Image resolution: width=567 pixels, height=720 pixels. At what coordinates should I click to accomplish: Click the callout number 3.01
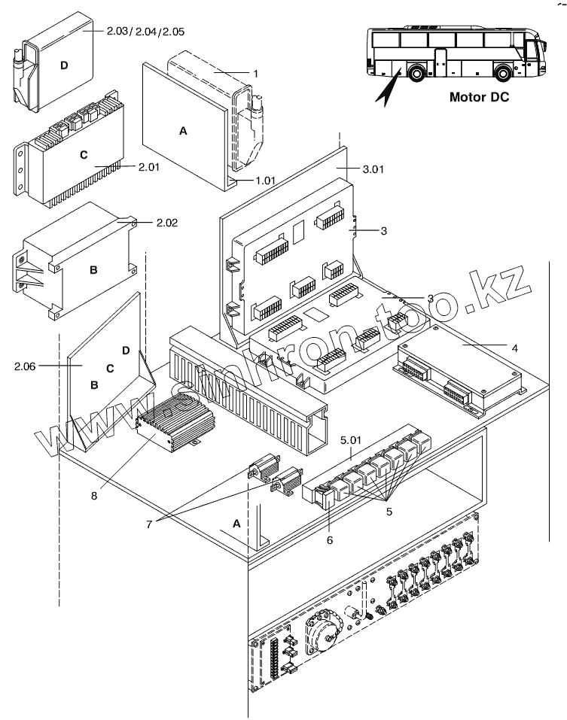click(x=372, y=169)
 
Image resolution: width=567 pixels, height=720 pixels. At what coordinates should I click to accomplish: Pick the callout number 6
click(x=329, y=539)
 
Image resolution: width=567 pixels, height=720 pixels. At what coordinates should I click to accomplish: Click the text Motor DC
click(x=478, y=97)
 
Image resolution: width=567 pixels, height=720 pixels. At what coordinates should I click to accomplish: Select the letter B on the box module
click(x=93, y=268)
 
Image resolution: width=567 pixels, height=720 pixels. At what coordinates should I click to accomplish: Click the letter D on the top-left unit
click(x=63, y=65)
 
